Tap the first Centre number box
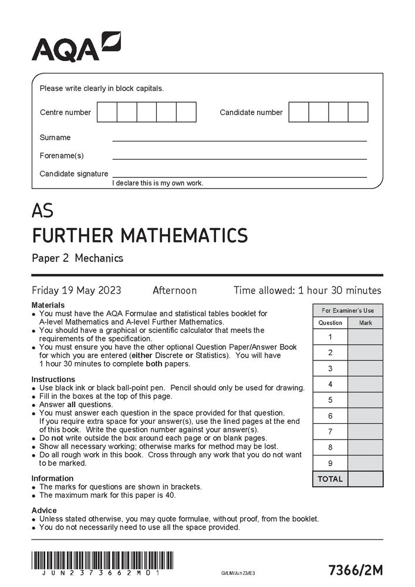107,112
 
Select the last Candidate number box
358,112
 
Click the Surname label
55,137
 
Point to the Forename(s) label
62,156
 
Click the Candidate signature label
74,174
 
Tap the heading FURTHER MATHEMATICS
140,236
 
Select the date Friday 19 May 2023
76,291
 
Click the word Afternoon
174,291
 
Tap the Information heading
52,478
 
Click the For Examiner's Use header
347,311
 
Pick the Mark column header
365,323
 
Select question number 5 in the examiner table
330,400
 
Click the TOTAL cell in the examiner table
330,479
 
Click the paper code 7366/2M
356,569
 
